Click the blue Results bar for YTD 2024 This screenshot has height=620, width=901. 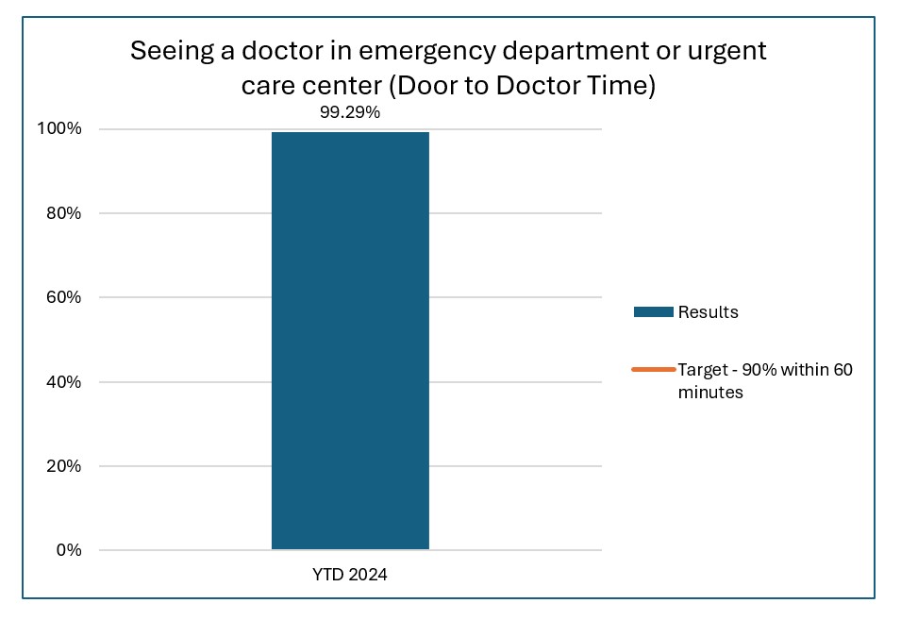pos(350,340)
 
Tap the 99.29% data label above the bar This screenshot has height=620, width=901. pos(350,112)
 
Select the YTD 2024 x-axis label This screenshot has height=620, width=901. pos(350,575)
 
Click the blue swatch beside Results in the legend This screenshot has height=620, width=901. pos(653,312)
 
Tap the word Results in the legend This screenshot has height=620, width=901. pos(708,312)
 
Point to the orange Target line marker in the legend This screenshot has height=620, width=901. pos(653,370)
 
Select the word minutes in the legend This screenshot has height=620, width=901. pos(710,393)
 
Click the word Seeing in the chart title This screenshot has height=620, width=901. pos(167,51)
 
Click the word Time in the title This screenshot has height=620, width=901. pos(623,86)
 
